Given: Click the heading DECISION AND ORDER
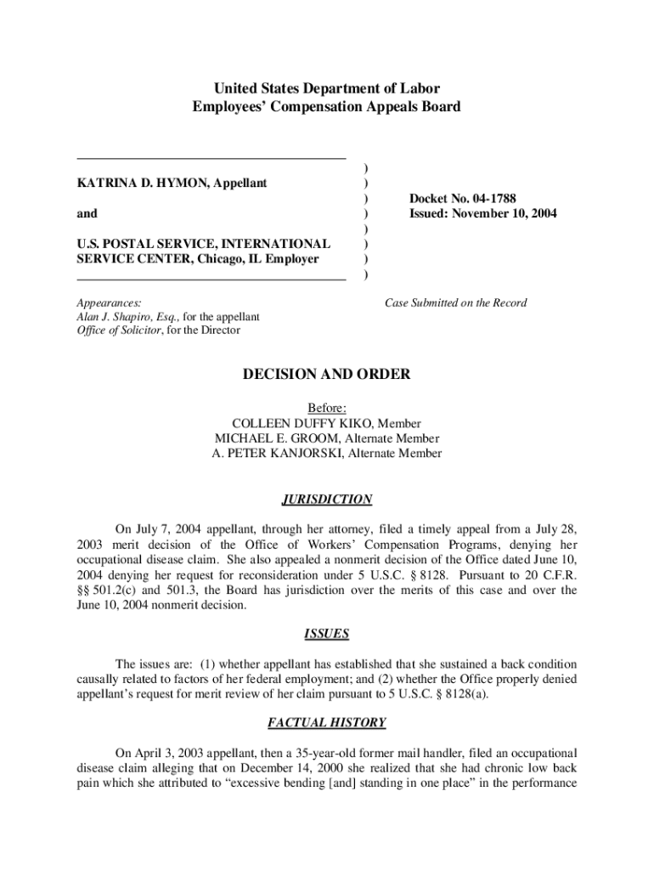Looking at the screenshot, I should tap(326, 374).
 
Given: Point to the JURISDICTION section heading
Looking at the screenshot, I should tap(326, 500).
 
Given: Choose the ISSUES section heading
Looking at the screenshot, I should tap(326, 634).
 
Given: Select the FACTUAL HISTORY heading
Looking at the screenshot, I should tap(326, 723).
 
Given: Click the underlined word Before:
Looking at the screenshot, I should tap(326, 408).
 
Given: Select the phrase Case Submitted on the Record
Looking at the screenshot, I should tap(455, 302).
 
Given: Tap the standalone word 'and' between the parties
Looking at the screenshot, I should tap(87, 213).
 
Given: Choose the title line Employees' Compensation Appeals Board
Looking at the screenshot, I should tap(326, 107).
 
